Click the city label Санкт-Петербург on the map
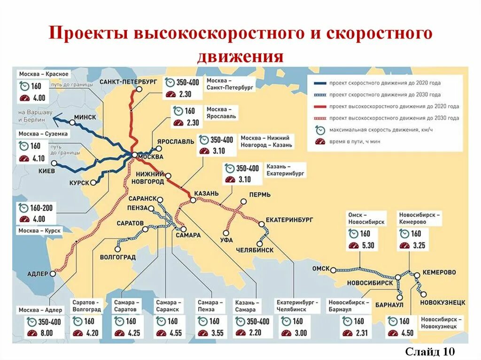[x=128, y=82]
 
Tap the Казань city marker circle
[x=193, y=201]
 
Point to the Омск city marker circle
[x=333, y=270]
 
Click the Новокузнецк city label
[x=443, y=302]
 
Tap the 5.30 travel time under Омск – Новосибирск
[x=368, y=245]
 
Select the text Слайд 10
[x=430, y=351]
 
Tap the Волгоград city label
[x=118, y=257]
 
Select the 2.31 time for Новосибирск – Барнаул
[x=360, y=333]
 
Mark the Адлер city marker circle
[x=53, y=274]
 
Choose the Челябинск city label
[x=255, y=250]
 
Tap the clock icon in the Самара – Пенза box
[x=202, y=322]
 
